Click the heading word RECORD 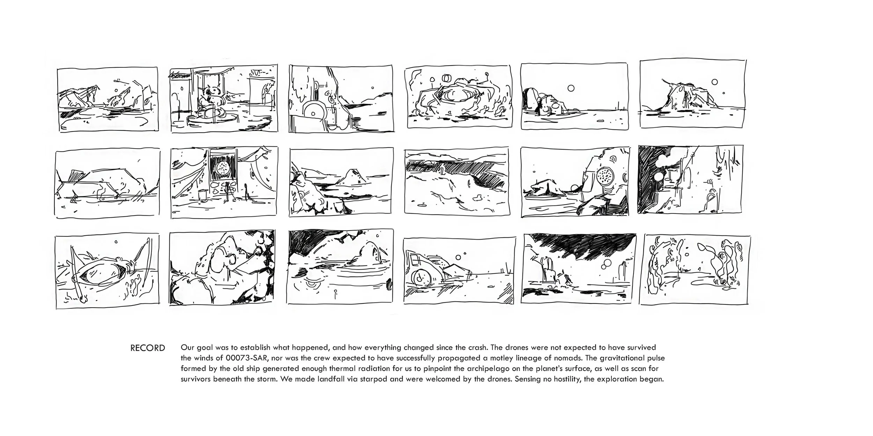[147, 348]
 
